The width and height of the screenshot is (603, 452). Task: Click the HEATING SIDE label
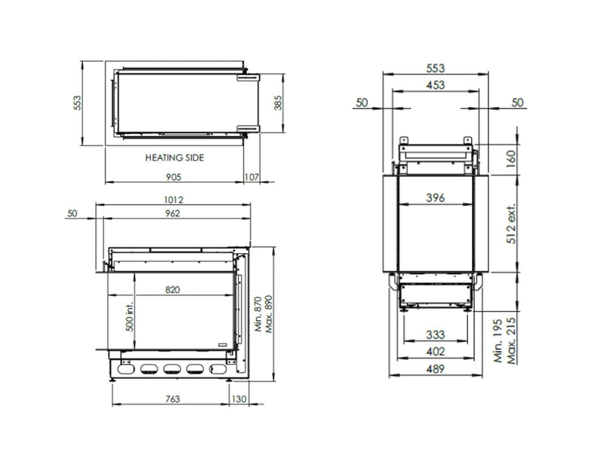pyautogui.click(x=175, y=157)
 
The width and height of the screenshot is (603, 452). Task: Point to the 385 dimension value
pyautogui.click(x=277, y=102)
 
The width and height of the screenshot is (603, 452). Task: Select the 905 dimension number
pyautogui.click(x=173, y=177)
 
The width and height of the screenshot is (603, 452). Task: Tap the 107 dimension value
pyautogui.click(x=252, y=177)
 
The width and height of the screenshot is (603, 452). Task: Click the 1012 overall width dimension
pyautogui.click(x=173, y=200)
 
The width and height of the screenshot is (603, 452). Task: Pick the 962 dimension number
pyautogui.click(x=173, y=213)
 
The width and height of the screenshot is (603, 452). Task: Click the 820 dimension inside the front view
pyautogui.click(x=173, y=289)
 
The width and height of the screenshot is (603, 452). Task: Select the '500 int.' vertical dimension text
pyautogui.click(x=130, y=316)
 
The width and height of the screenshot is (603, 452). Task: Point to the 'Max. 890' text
pyautogui.click(x=268, y=314)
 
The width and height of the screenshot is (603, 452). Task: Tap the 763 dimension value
pyautogui.click(x=173, y=399)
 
